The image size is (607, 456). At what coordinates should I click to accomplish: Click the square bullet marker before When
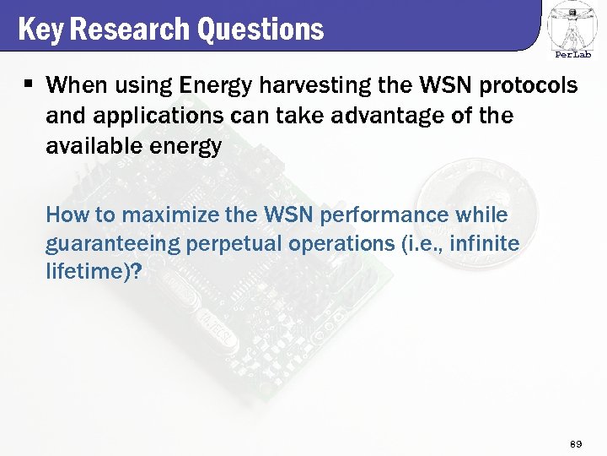(x=28, y=84)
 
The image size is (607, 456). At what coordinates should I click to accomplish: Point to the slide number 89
(x=577, y=443)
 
